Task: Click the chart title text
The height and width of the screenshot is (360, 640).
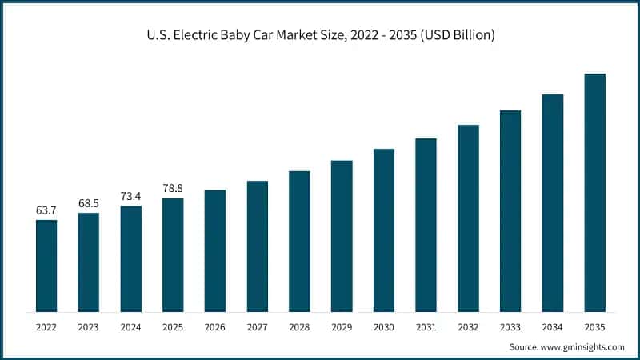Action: [320, 35]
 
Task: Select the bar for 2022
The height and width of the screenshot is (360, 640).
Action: [46, 266]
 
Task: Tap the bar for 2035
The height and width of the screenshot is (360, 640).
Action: [594, 192]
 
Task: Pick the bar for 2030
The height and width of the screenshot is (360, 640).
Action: [384, 230]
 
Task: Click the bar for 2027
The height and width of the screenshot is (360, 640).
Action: [257, 246]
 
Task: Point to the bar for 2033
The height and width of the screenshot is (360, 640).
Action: [510, 210]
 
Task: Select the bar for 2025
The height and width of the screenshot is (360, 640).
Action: [173, 254]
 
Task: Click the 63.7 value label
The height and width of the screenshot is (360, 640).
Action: [46, 210]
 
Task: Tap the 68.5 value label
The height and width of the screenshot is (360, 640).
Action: [89, 203]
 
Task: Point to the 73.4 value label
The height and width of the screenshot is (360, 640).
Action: [130, 196]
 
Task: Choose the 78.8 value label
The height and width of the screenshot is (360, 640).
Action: [173, 188]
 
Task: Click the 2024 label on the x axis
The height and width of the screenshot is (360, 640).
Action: [130, 327]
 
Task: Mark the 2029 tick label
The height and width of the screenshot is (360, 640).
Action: [342, 327]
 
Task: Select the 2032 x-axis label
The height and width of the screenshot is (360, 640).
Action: [468, 327]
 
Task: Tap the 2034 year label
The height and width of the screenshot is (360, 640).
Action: [553, 327]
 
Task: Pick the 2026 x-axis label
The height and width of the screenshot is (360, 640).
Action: [215, 327]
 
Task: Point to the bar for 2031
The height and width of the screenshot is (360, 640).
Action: [426, 225]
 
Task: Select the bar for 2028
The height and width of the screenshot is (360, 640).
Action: [299, 241]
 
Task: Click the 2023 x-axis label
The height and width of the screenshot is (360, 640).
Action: [89, 327]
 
